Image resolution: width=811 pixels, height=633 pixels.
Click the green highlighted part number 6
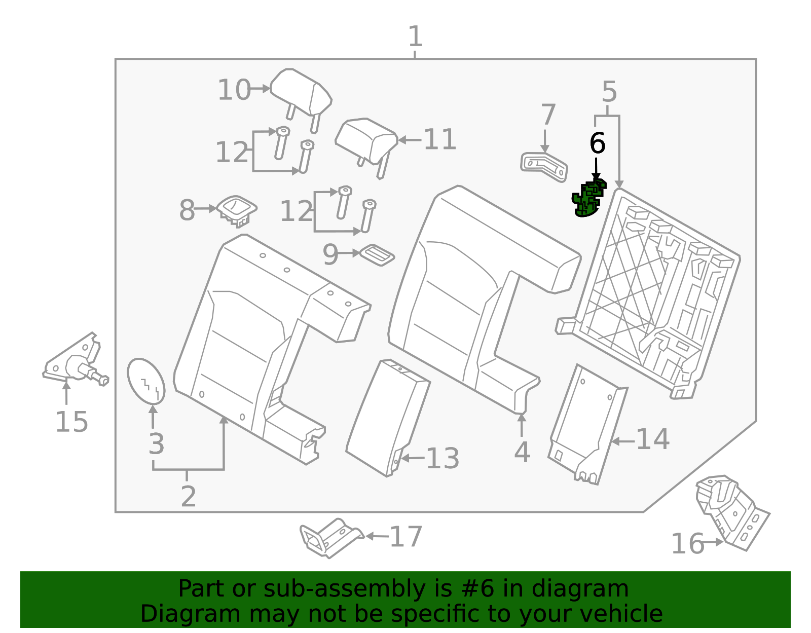[588, 199]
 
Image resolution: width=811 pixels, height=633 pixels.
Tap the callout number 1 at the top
[416, 36]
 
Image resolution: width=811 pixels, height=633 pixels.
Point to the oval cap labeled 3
[146, 381]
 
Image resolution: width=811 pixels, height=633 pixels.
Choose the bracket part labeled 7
[544, 167]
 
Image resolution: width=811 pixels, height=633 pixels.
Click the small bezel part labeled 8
[237, 211]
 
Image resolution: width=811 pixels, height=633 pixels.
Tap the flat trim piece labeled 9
[377, 255]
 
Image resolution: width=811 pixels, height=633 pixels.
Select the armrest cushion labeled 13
[388, 418]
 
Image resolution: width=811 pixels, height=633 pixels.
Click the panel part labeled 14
[587, 424]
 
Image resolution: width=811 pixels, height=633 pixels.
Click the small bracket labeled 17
[330, 538]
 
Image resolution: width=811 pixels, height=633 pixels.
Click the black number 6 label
[597, 143]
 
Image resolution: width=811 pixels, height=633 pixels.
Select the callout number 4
[522, 452]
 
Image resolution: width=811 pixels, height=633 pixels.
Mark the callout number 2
[188, 496]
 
